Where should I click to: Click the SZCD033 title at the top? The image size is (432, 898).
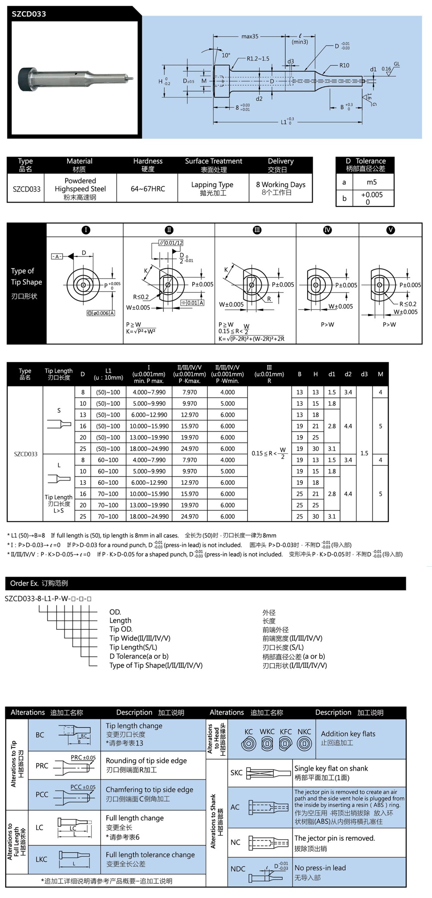[x=29, y=14]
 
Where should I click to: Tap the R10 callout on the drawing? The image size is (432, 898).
[x=344, y=65]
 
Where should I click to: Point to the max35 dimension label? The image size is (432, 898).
[x=250, y=36]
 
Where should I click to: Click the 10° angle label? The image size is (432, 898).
[x=226, y=55]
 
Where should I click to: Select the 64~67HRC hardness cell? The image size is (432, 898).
[x=148, y=189]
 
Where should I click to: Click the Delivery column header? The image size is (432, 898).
[x=280, y=165]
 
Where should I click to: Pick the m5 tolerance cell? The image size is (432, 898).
[x=372, y=182]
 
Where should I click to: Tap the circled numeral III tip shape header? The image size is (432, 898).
[x=257, y=230]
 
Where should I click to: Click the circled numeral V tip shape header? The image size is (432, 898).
[x=391, y=230]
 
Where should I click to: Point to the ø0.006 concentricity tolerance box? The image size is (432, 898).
[x=101, y=313]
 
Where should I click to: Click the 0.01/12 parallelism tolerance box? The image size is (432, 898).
[x=171, y=243]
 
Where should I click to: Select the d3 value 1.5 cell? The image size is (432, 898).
[x=364, y=453]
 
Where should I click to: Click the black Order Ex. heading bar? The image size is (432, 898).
[x=206, y=583]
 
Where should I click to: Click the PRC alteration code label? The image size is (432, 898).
[x=42, y=766]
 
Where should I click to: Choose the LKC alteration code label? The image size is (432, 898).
[x=41, y=859]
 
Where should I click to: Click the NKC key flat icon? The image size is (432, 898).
[x=304, y=744]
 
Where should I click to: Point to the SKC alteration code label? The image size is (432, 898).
[x=236, y=773]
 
